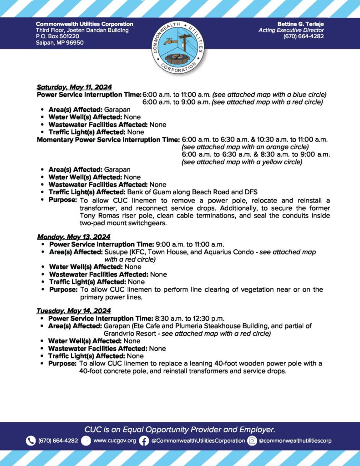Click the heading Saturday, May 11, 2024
pyautogui.click(x=74, y=87)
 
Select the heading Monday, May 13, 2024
pyautogui.click(x=73, y=237)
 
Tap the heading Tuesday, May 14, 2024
pyautogui.click(x=73, y=311)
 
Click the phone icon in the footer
pyautogui.click(x=30, y=441)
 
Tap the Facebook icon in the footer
pyautogui.click(x=144, y=441)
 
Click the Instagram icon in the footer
pyautogui.click(x=252, y=441)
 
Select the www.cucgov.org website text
pyautogui.click(x=114, y=441)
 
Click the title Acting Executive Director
pyautogui.click(x=291, y=30)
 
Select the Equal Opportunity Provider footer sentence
pyautogui.click(x=180, y=429)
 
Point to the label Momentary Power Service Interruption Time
pyautogui.click(x=108, y=139)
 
